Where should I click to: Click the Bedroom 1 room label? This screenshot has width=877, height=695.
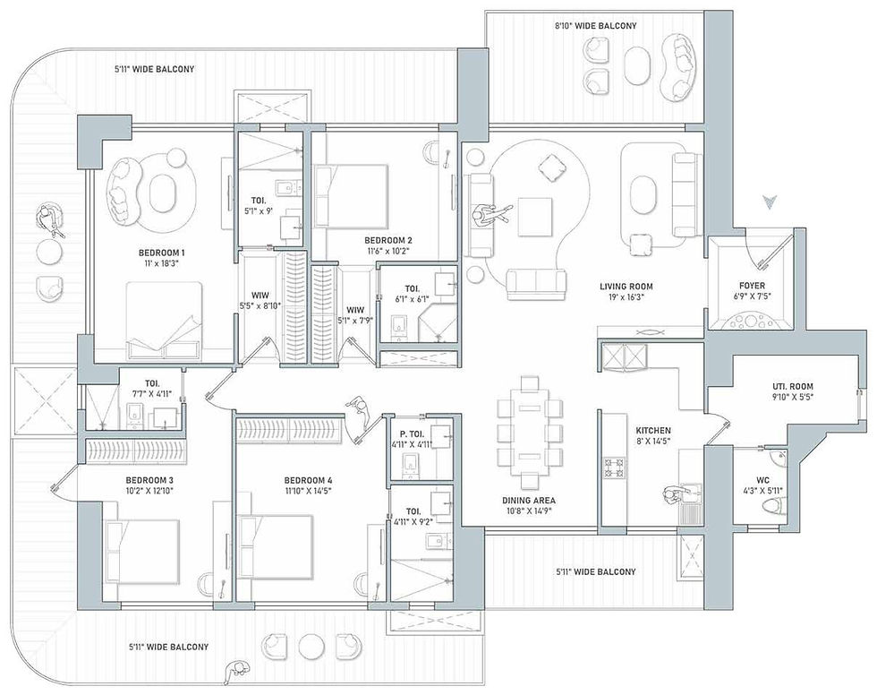tap(162, 253)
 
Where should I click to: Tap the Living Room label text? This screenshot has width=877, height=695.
tap(626, 287)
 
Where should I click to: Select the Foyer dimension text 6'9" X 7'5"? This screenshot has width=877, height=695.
tap(752, 296)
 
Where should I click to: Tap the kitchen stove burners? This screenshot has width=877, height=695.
tap(614, 468)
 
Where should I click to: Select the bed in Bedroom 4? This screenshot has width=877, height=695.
tap(276, 546)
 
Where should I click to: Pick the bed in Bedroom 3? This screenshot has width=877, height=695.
tap(142, 551)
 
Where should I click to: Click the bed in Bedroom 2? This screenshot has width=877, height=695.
tap(351, 196)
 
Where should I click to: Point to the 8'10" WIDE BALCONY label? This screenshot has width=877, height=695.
tap(596, 26)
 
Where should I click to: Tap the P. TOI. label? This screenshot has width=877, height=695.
tap(410, 434)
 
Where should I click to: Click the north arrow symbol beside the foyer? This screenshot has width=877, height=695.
tap(771, 202)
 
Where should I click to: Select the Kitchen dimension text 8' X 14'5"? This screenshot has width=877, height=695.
tap(653, 441)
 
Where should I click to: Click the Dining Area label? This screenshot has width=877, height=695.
tap(529, 501)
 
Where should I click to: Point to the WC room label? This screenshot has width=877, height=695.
tap(762, 480)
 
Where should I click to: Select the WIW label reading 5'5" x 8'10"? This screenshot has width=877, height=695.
tap(260, 301)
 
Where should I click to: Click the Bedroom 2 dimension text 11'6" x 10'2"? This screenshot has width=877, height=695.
tap(388, 252)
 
